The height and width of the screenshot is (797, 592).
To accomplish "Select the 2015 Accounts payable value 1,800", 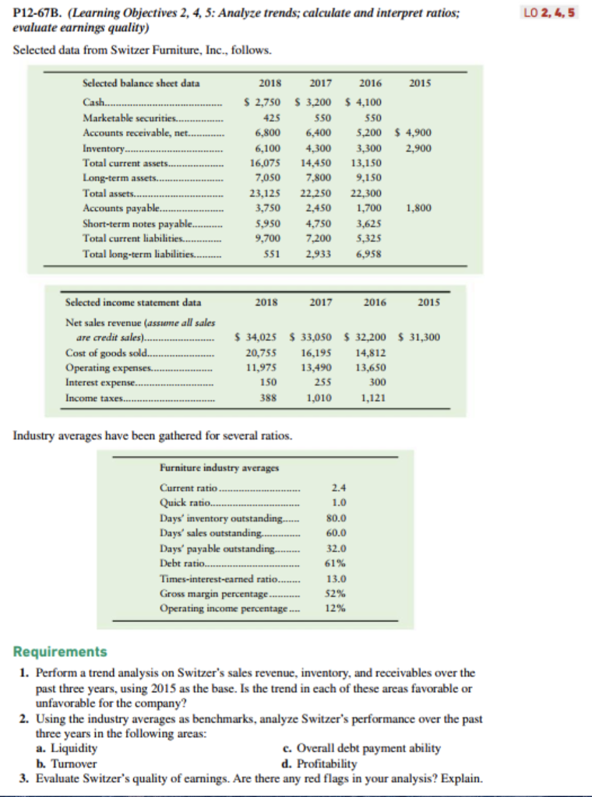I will [421, 208].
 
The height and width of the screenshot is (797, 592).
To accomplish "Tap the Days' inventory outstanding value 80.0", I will [336, 518].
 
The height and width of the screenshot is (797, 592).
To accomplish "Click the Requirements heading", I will [60, 651].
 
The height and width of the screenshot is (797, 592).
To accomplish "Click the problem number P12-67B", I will [39, 13].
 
